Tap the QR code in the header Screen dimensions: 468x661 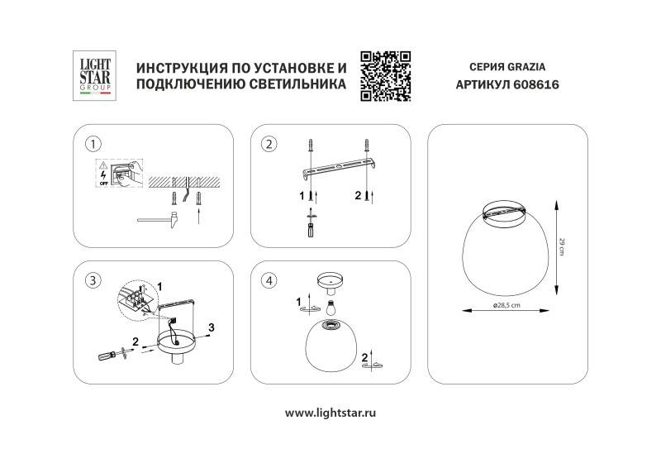(x=386, y=75)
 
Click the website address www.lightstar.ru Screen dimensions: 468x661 (x=330, y=412)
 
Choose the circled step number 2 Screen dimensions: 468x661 (x=268, y=145)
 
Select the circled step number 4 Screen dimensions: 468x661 (x=268, y=280)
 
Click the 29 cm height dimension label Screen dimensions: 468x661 (x=561, y=246)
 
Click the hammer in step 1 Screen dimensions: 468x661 (x=156, y=219)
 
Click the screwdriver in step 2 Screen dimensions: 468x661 (x=311, y=225)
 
